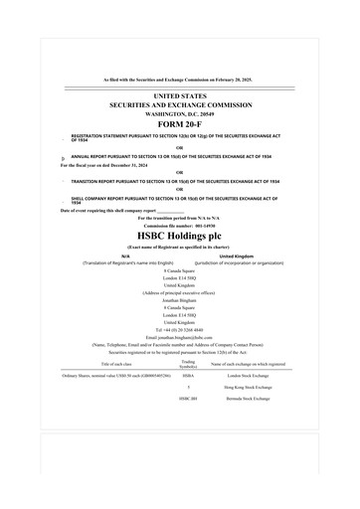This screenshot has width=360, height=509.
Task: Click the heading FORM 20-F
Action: click(180, 124)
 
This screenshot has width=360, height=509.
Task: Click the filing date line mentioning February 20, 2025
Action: click(180, 78)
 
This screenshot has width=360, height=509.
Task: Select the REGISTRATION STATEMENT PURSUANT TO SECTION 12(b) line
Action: click(169, 137)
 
